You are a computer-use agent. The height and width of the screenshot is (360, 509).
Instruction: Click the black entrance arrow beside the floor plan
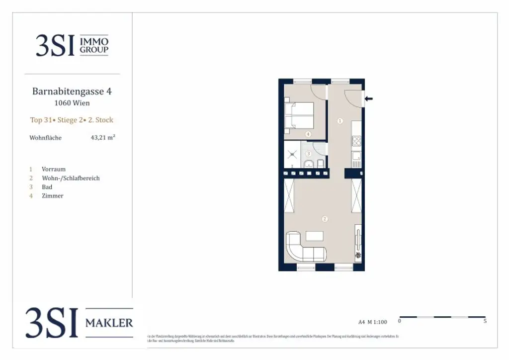tap(368, 99)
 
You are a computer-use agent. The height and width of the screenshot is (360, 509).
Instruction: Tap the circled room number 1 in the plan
tap(340, 121)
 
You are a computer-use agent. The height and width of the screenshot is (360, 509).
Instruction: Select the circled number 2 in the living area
tap(324, 218)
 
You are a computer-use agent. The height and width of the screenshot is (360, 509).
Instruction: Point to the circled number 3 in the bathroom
tap(308, 154)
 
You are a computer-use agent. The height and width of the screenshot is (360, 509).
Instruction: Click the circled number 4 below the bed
tap(308, 134)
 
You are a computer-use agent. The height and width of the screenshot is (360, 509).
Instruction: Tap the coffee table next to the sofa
tap(315, 235)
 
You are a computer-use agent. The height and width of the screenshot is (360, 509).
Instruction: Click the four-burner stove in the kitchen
tap(357, 141)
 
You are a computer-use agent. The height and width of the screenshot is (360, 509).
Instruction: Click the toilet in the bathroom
tap(321, 164)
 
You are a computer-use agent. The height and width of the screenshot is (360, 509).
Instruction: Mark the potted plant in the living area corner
tap(358, 256)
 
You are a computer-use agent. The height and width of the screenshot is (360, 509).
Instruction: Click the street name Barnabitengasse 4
tap(69, 91)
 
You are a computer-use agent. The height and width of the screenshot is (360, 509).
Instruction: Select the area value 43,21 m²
tap(103, 138)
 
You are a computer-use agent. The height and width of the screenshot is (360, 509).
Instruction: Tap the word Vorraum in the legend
tap(54, 169)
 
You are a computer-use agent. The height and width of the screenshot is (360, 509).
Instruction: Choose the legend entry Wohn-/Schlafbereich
tap(71, 178)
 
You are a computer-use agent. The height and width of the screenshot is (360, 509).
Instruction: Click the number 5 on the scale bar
tap(485, 321)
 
